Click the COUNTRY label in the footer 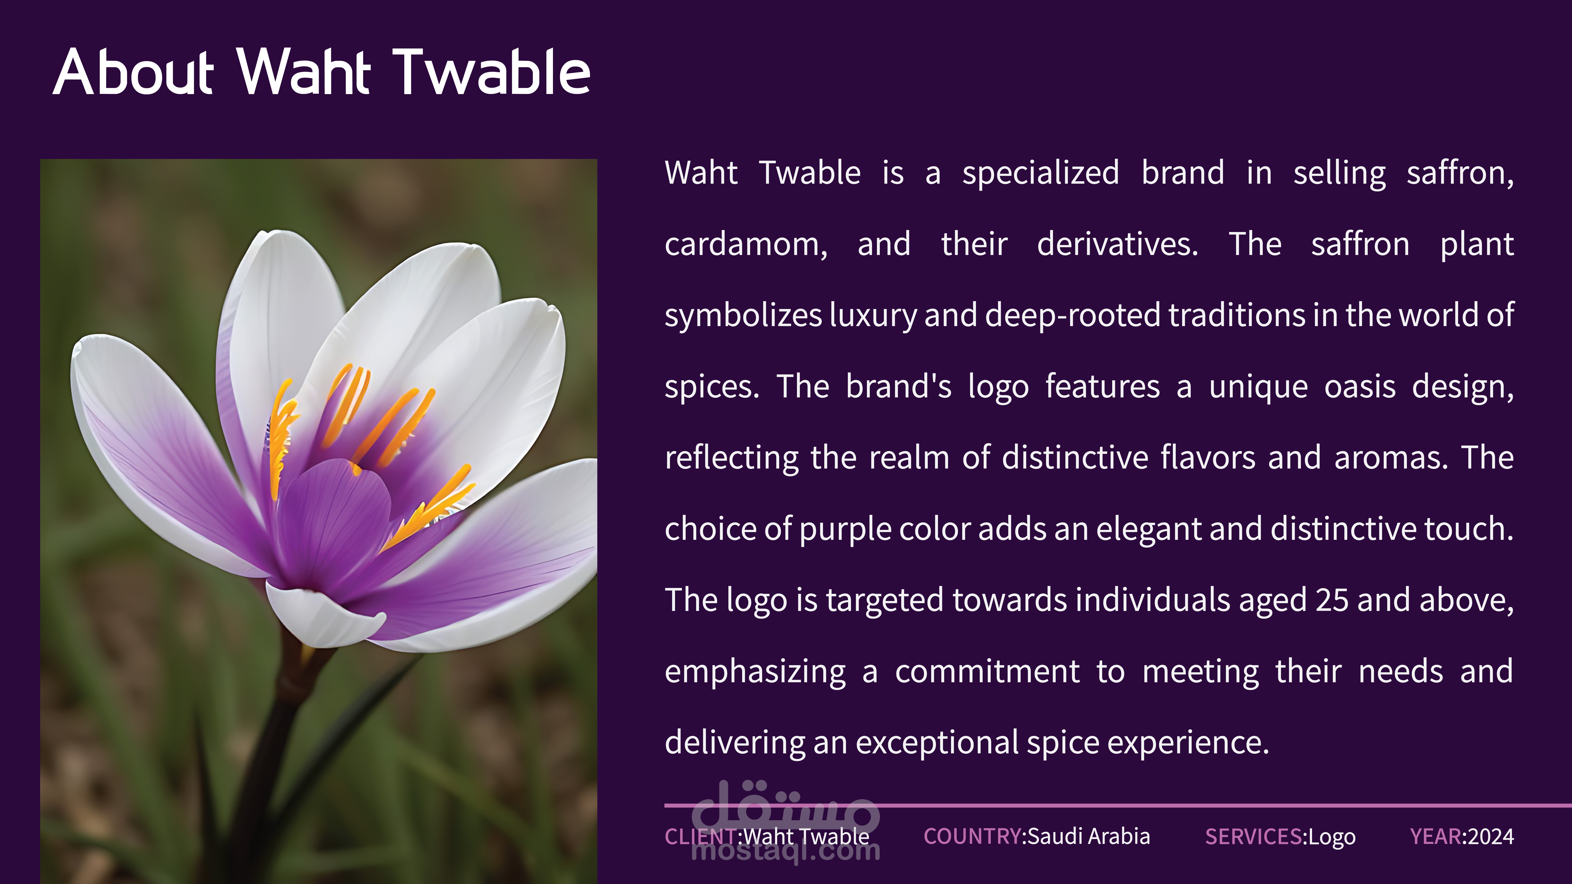point(973,836)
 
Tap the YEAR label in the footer point(1436,836)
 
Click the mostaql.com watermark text point(786,850)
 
